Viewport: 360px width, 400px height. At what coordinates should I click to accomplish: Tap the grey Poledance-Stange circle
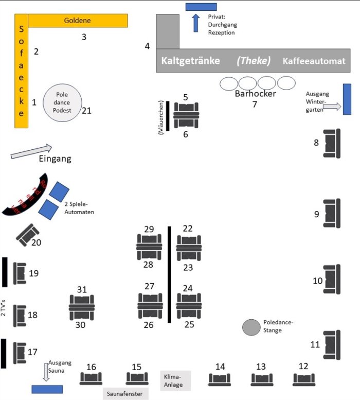251,327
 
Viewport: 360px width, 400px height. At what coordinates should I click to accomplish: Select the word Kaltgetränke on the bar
191,61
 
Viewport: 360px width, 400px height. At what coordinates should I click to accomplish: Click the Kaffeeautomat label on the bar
314,61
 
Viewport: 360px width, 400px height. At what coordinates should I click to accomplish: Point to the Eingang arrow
31,151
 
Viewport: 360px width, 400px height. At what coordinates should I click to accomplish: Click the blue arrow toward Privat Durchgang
195,23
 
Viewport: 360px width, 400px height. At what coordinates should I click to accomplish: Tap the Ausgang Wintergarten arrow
332,107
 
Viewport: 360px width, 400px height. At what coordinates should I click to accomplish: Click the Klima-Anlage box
175,380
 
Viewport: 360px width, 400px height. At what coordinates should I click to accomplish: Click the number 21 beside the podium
86,111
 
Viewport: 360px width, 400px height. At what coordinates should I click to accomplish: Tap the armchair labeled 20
28,235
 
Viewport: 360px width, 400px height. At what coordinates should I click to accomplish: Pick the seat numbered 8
332,143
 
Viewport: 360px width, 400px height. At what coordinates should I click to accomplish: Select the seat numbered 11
332,344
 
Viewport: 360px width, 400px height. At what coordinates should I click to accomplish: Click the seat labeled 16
91,378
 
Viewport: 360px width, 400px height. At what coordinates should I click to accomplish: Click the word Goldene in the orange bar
77,21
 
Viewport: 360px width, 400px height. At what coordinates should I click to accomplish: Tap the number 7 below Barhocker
254,105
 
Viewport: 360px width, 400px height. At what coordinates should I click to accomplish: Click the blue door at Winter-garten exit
347,99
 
